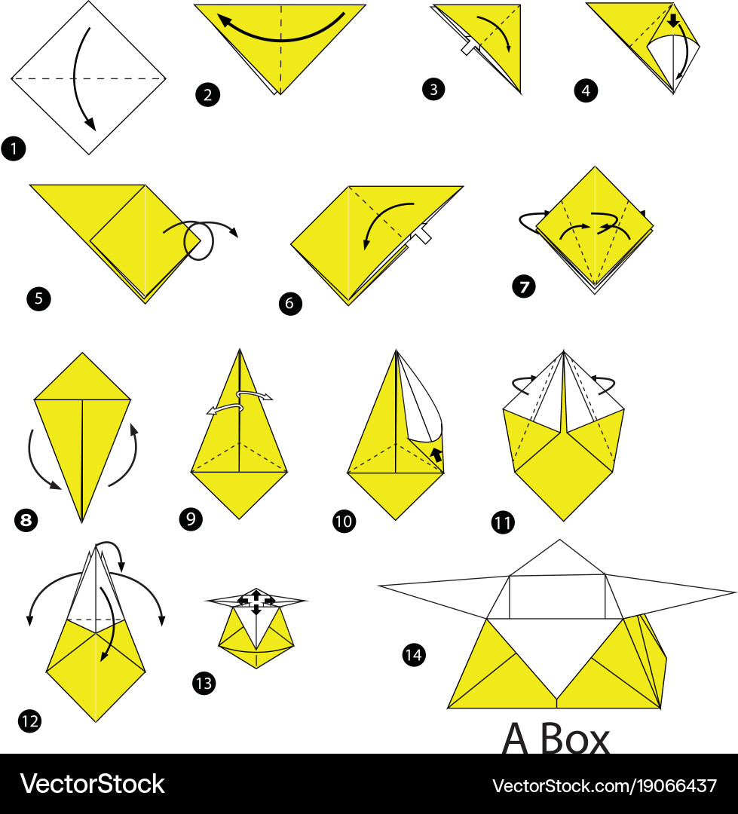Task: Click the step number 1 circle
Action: click(x=14, y=148)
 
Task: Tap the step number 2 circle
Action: click(x=208, y=95)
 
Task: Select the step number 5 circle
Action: click(x=39, y=298)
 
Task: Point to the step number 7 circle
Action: click(x=523, y=286)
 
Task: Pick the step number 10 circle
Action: click(x=345, y=521)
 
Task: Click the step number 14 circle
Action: click(x=414, y=655)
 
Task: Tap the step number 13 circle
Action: click(x=204, y=683)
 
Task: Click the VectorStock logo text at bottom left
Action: click(x=93, y=784)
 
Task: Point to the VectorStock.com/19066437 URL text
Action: click(x=605, y=785)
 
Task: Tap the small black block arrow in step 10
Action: click(x=436, y=454)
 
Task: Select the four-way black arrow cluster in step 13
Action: click(x=256, y=601)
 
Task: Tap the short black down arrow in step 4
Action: click(x=673, y=20)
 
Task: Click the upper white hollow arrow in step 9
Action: click(x=254, y=395)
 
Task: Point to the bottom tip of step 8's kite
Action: click(x=81, y=522)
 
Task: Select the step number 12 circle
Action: click(x=29, y=721)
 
